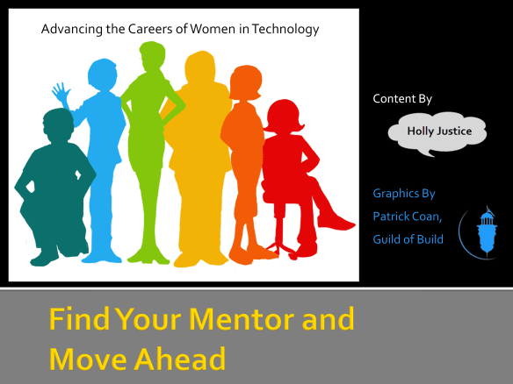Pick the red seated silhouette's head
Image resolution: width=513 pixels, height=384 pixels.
(283, 117)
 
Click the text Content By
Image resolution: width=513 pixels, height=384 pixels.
(402, 99)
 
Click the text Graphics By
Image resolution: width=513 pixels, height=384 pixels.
(404, 193)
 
